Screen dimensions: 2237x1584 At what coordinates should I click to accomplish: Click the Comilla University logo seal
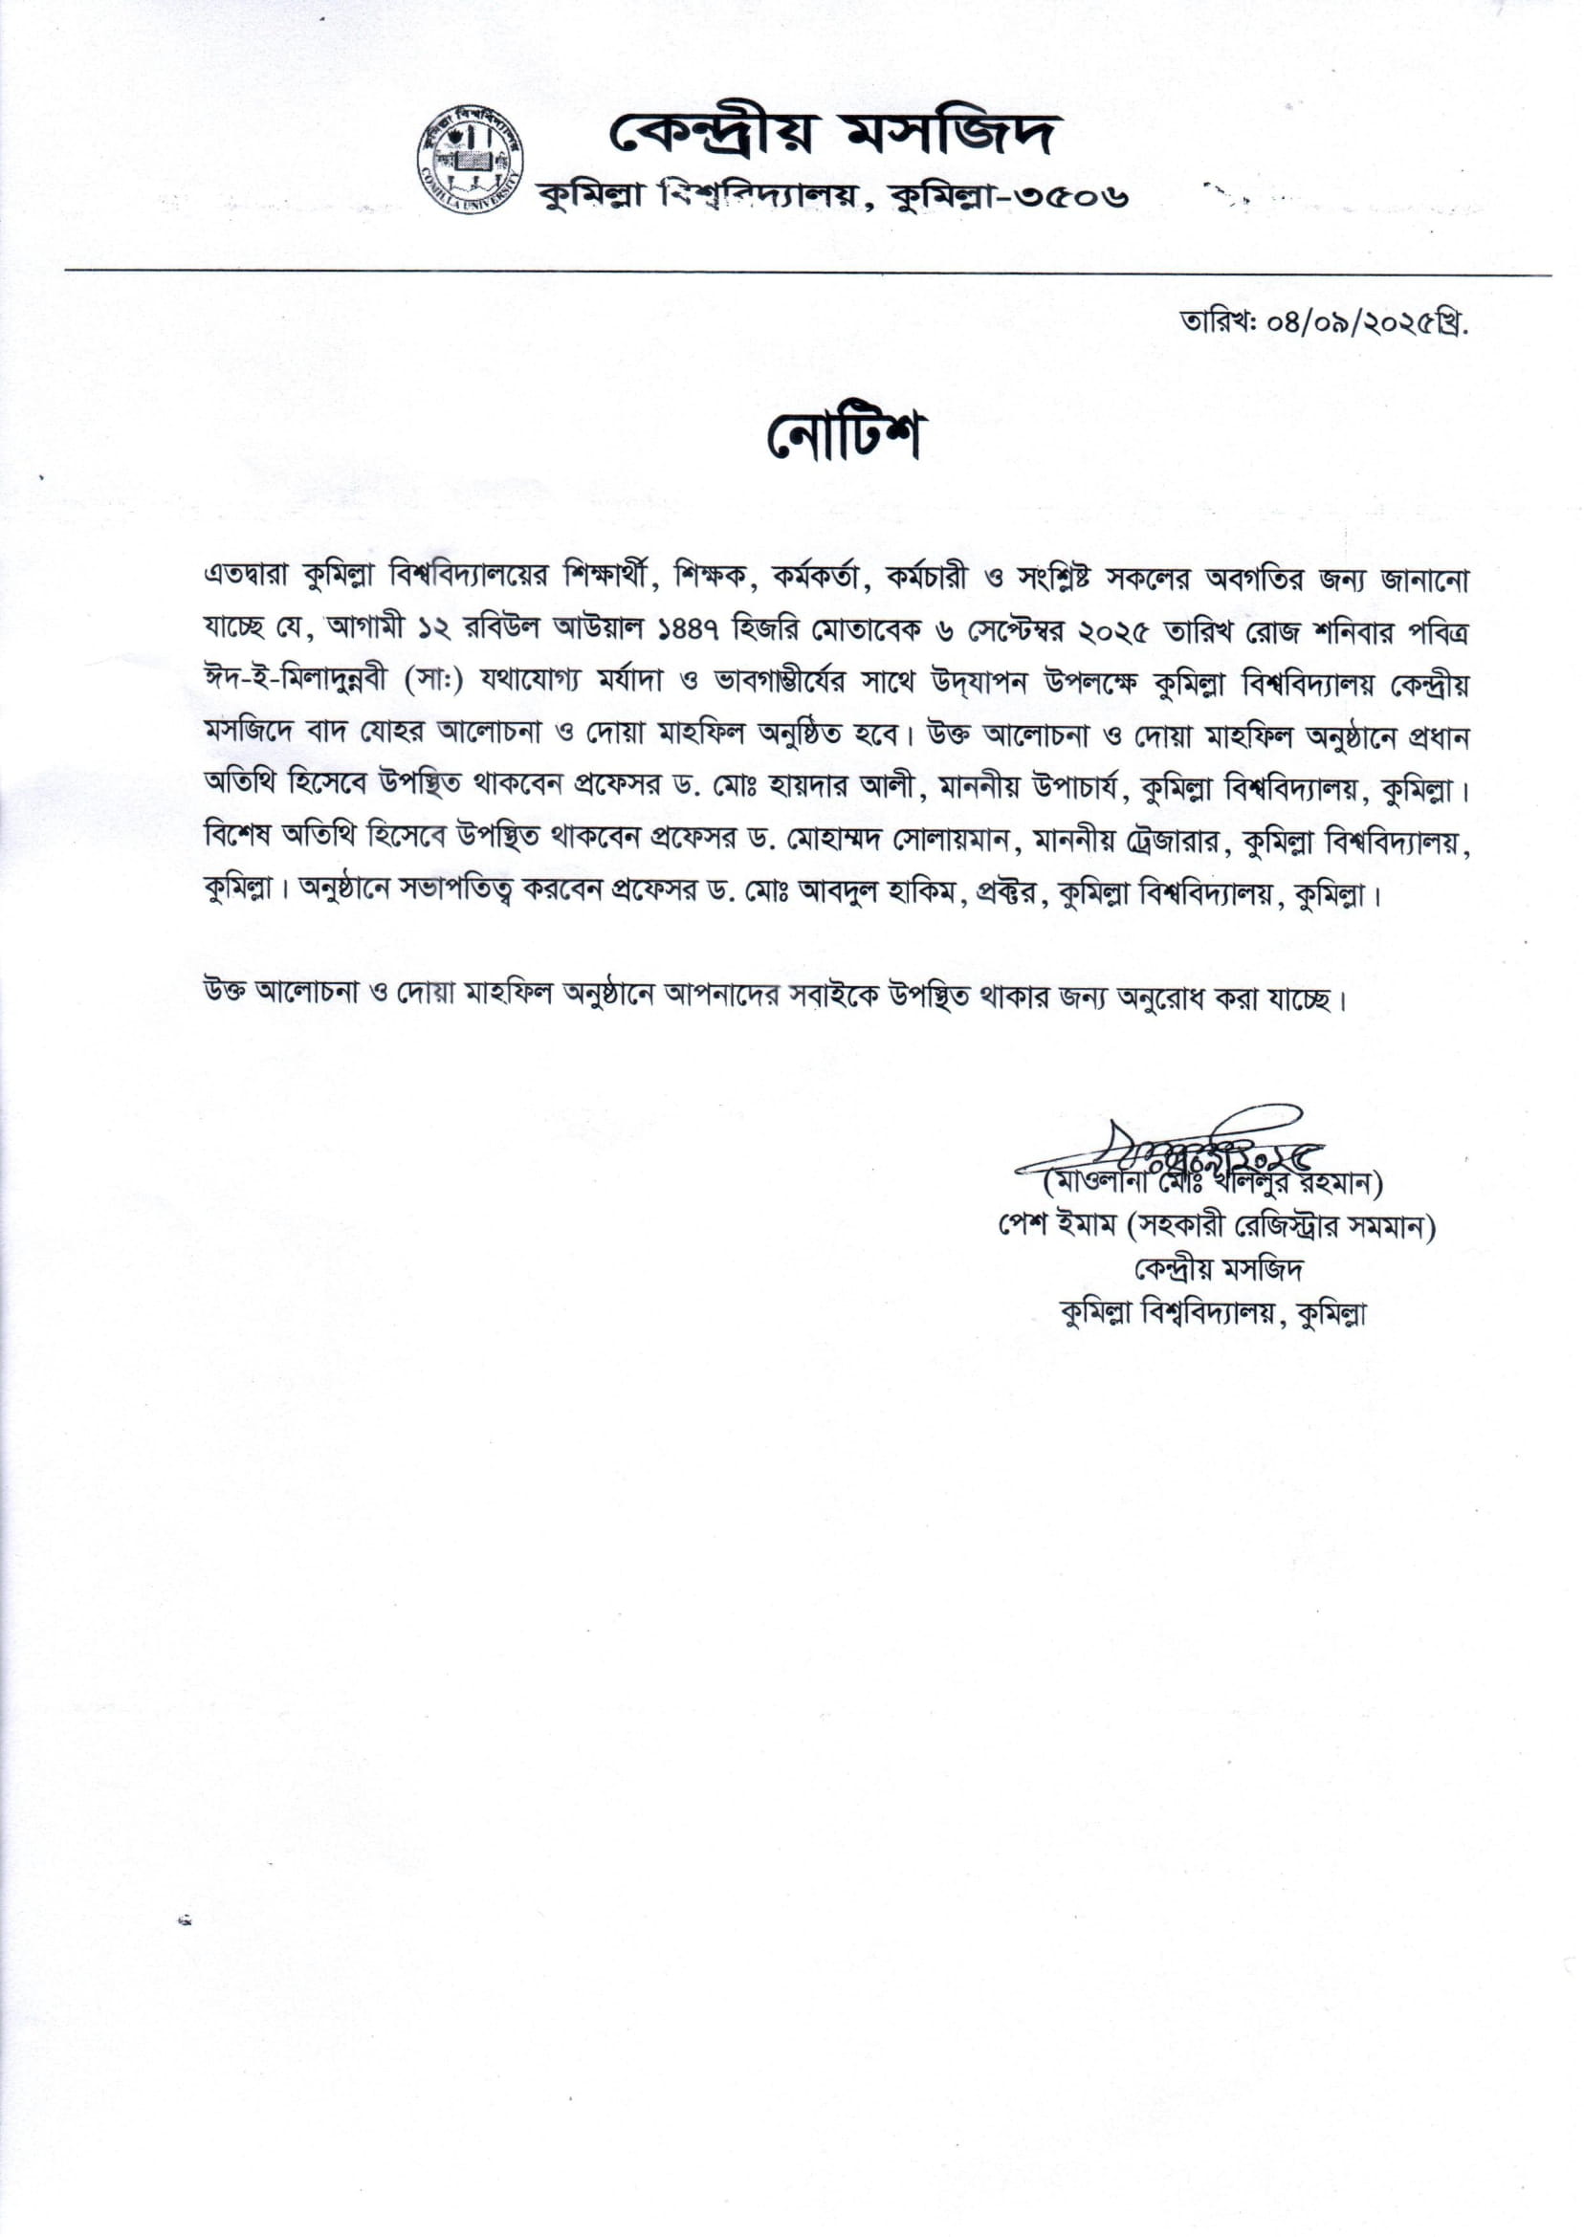click(473, 161)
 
